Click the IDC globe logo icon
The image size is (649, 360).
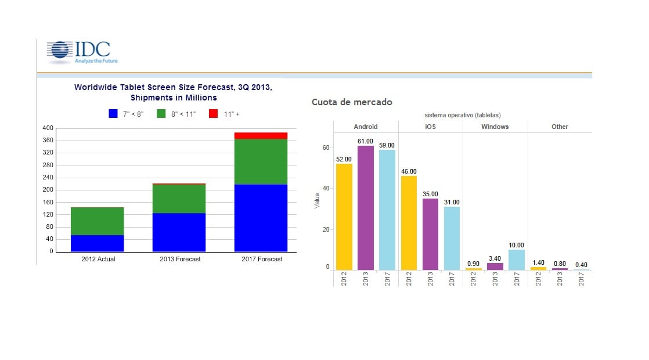pos(59,51)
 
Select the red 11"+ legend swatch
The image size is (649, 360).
pos(213,114)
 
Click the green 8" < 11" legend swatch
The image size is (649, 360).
pos(161,114)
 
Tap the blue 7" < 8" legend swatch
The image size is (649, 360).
pos(113,114)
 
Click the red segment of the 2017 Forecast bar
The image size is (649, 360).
pos(261,136)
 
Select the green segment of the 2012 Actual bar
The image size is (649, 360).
pos(98,221)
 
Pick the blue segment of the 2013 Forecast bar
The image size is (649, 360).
pos(179,232)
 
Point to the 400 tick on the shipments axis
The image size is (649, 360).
pos(48,128)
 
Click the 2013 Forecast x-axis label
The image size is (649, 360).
pos(180,259)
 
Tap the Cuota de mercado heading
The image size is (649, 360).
pos(352,102)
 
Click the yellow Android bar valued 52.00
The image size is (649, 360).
pos(344,217)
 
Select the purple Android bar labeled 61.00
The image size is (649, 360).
pos(365,208)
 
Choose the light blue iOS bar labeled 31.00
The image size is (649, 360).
pos(452,238)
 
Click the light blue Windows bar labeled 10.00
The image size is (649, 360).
pos(516,260)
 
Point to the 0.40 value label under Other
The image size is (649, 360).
pos(581,265)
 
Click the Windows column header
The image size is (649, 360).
pos(495,127)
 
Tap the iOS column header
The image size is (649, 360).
pos(430,127)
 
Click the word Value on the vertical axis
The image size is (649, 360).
pos(317,201)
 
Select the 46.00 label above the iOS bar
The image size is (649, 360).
pos(409,171)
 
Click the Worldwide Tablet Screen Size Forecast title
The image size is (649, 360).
pos(173,92)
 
